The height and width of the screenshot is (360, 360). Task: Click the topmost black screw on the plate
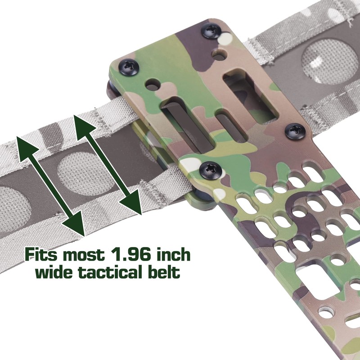[211, 31]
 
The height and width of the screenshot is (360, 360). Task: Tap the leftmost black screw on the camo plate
[129, 67]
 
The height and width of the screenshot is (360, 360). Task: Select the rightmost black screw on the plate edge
[295, 131]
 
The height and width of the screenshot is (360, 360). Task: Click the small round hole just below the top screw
[220, 54]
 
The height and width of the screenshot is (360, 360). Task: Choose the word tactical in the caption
[113, 272]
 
